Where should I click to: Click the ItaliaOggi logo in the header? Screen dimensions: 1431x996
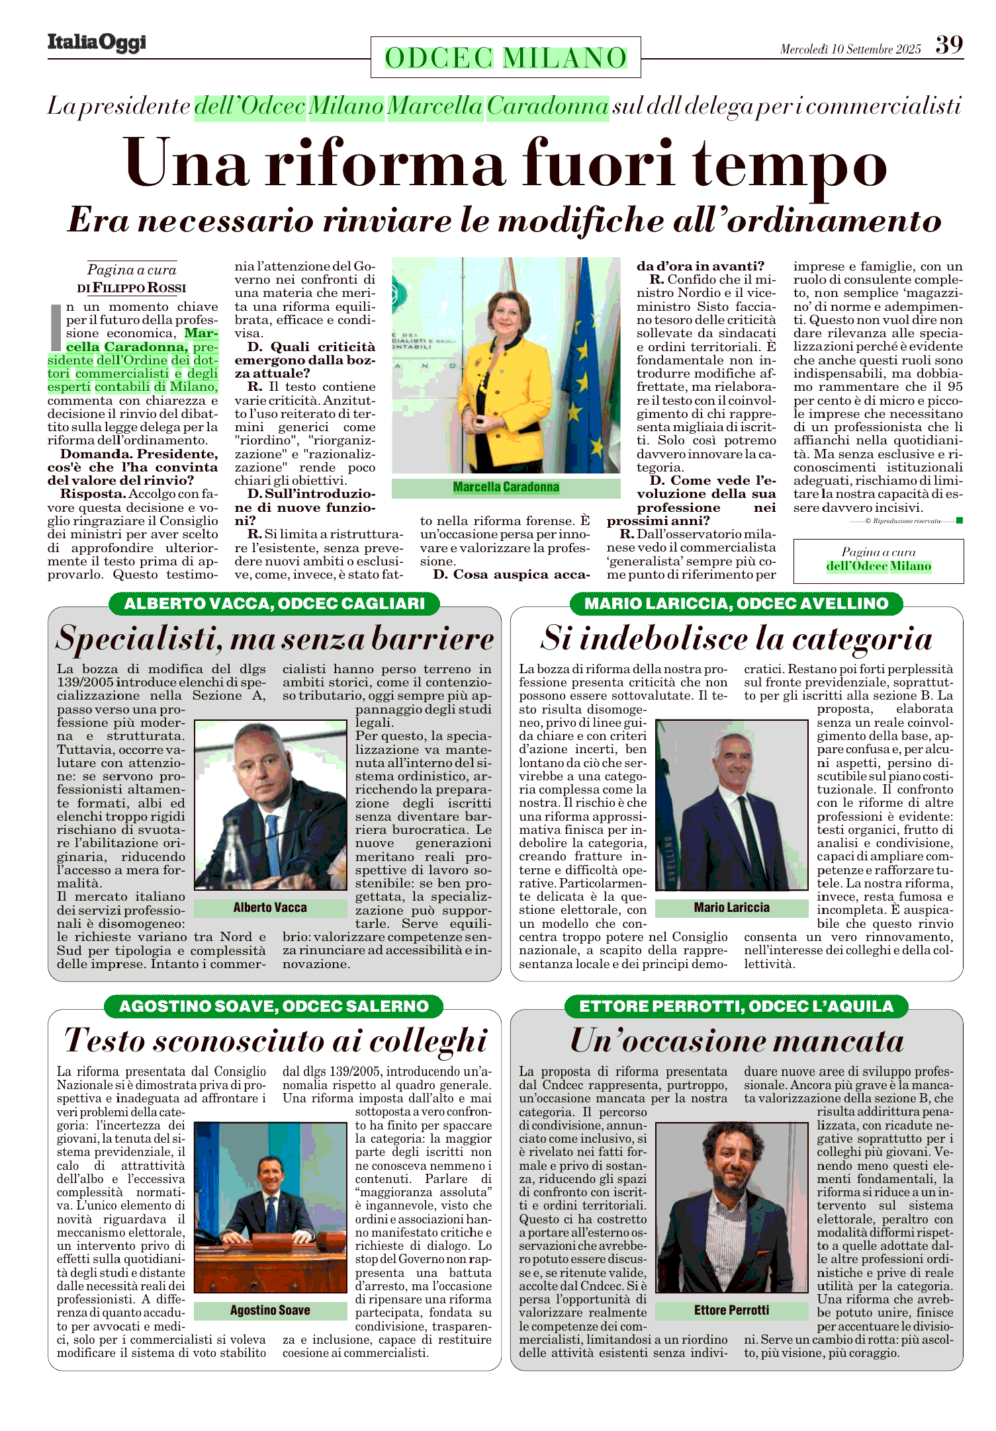[97, 43]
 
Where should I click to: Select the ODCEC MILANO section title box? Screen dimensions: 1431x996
[506, 58]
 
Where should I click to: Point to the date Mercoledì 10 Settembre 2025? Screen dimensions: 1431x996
[850, 49]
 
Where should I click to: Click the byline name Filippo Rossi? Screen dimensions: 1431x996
[139, 288]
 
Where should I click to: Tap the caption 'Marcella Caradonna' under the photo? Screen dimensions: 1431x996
[506, 487]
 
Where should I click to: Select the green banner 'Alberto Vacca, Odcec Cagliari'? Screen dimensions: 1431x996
[274, 603]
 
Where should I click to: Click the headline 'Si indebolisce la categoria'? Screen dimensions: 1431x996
[736, 639]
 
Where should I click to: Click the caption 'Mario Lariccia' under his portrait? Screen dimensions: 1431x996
[731, 907]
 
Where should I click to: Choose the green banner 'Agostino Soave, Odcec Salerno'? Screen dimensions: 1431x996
[274, 1006]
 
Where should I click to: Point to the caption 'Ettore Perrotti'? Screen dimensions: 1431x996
[731, 1310]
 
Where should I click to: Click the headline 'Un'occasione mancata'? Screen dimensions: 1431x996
[736, 1041]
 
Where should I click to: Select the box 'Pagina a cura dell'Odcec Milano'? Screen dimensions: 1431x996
[878, 560]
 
